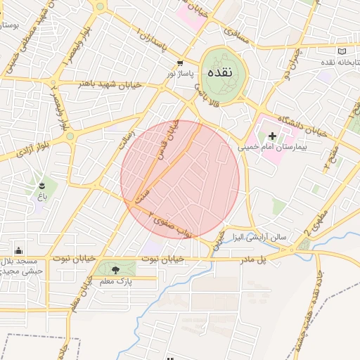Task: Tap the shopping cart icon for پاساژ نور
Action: click(181, 63)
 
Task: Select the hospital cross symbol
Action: click(273, 134)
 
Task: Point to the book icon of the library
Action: click(342, 52)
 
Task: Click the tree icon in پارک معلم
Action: click(115, 269)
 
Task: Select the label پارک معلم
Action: click(115, 281)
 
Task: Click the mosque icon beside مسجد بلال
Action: click(18, 250)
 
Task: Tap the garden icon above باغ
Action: click(43, 186)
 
